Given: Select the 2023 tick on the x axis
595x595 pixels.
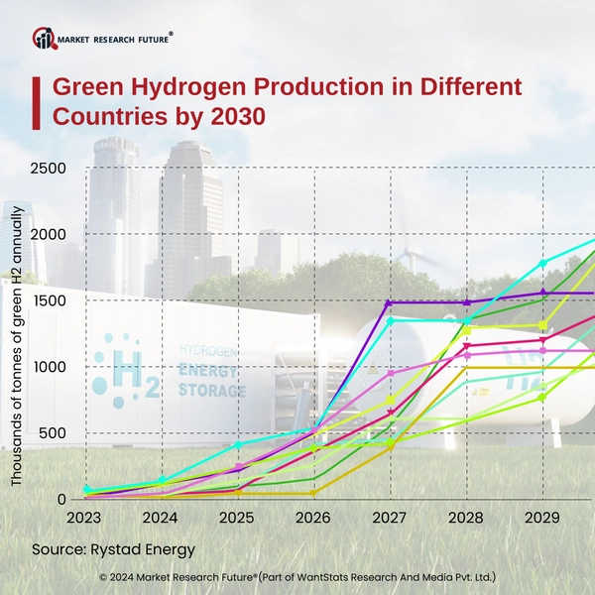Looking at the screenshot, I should (86, 519).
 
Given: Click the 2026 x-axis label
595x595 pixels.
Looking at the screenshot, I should (314, 519).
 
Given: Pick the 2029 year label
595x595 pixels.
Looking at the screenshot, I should (542, 519).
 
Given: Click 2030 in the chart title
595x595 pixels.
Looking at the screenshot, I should (238, 115).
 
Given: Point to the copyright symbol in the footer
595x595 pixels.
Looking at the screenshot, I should (104, 576).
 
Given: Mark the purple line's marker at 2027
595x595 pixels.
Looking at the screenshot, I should (390, 302).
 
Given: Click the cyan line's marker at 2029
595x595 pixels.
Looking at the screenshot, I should (542, 264).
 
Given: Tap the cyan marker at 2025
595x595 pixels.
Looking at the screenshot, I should (238, 444).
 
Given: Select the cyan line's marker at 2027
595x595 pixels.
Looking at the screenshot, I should (390, 320).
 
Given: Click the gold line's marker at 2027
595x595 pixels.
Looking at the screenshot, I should (390, 446).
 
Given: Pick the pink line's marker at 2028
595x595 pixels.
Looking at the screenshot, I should (466, 354).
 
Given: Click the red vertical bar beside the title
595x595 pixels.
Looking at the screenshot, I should (36, 101).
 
